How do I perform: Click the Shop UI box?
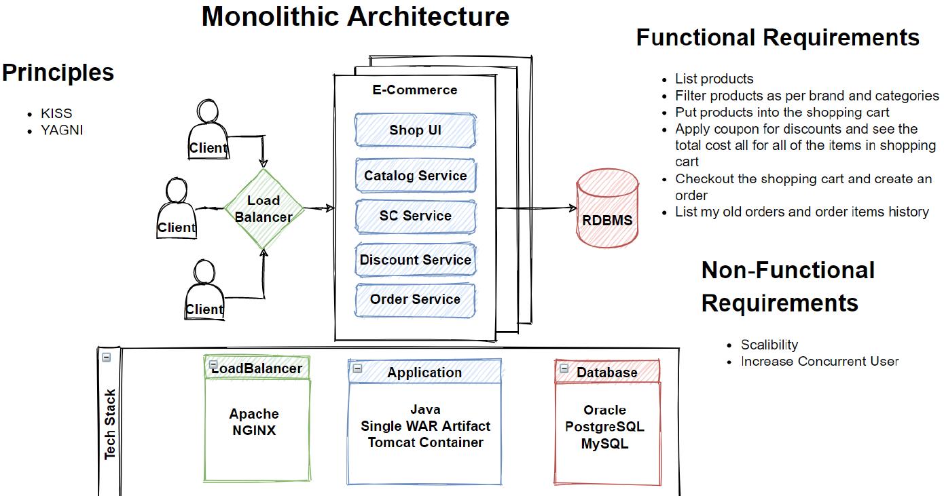pos(415,130)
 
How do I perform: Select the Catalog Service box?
pos(415,176)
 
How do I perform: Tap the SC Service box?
pos(415,216)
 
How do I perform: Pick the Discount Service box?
pos(415,260)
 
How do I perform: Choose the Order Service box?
pos(415,299)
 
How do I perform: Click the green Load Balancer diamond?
pos(264,208)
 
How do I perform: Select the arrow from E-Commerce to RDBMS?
pos(536,208)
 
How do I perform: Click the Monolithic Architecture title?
pos(355,16)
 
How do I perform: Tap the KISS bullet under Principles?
pos(56,113)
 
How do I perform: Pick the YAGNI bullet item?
pos(62,130)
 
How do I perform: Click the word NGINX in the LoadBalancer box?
pos(254,430)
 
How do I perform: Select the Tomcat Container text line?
pos(426,442)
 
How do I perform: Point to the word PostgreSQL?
pos(604,427)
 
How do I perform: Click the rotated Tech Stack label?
pos(110,424)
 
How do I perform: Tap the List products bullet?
pos(714,79)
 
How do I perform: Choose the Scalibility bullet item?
pos(769,345)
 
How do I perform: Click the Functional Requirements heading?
pos(778,37)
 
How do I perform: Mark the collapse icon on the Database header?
pos(564,368)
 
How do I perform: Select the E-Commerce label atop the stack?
pos(414,90)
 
